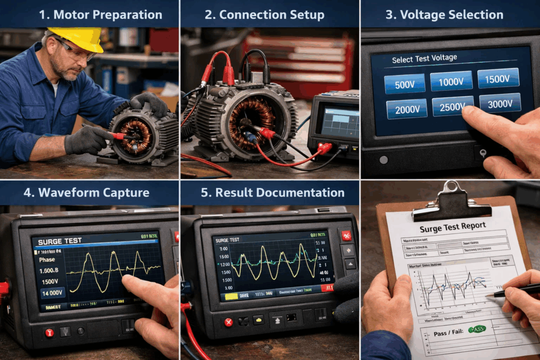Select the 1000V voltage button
(451, 81)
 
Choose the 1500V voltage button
(498, 77)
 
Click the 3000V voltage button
(500, 103)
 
